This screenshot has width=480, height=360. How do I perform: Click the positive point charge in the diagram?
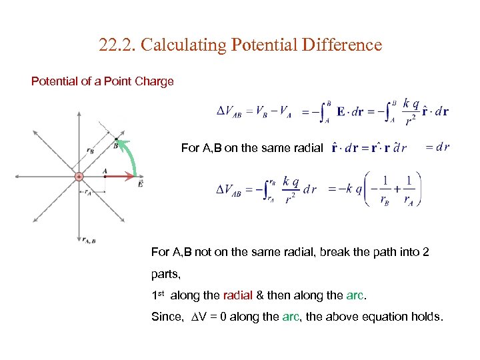pos(78,176)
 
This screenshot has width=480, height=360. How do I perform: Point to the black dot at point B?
pos(116,139)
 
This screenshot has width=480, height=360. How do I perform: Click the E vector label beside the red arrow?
pos(139,183)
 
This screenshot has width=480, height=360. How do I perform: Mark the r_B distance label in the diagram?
pos(91,151)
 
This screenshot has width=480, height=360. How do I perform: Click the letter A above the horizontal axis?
pos(105,171)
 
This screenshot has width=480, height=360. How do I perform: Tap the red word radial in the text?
pos(237,295)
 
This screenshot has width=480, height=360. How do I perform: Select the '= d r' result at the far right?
pos(437,147)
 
